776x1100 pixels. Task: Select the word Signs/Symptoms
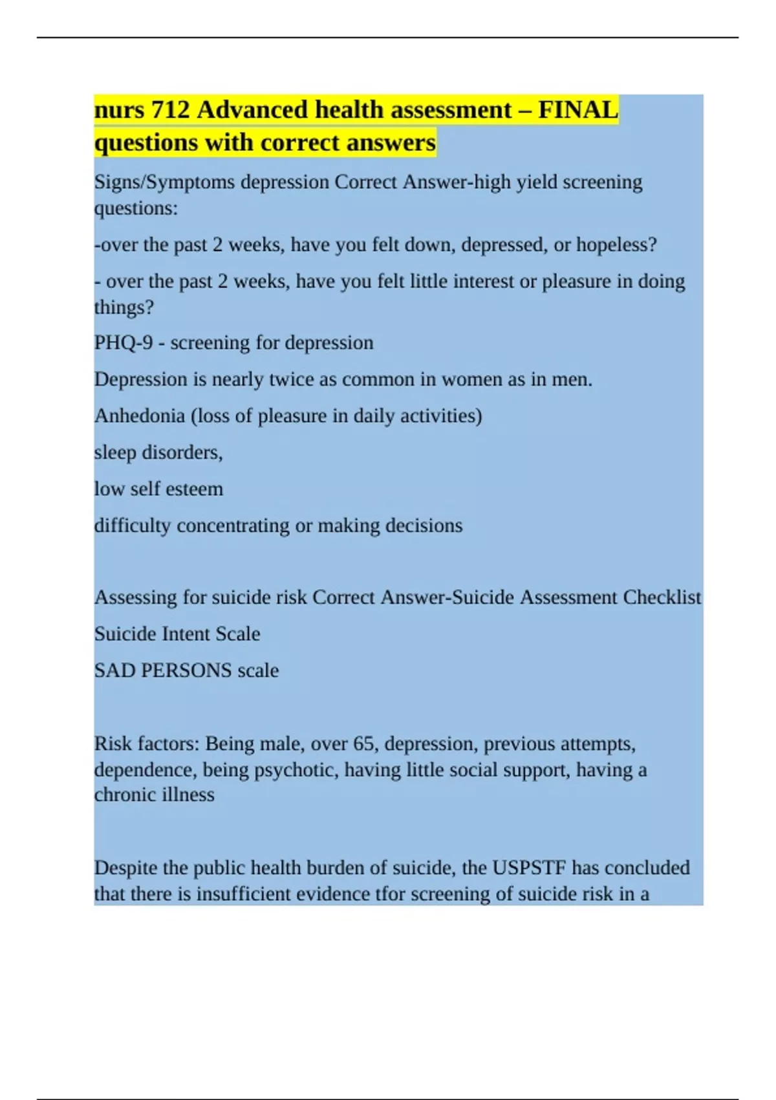tap(164, 182)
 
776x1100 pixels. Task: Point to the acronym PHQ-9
tap(124, 342)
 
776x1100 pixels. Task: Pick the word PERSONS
tap(186, 670)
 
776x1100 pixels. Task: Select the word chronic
tap(122, 795)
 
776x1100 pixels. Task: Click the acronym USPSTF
tap(529, 868)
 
